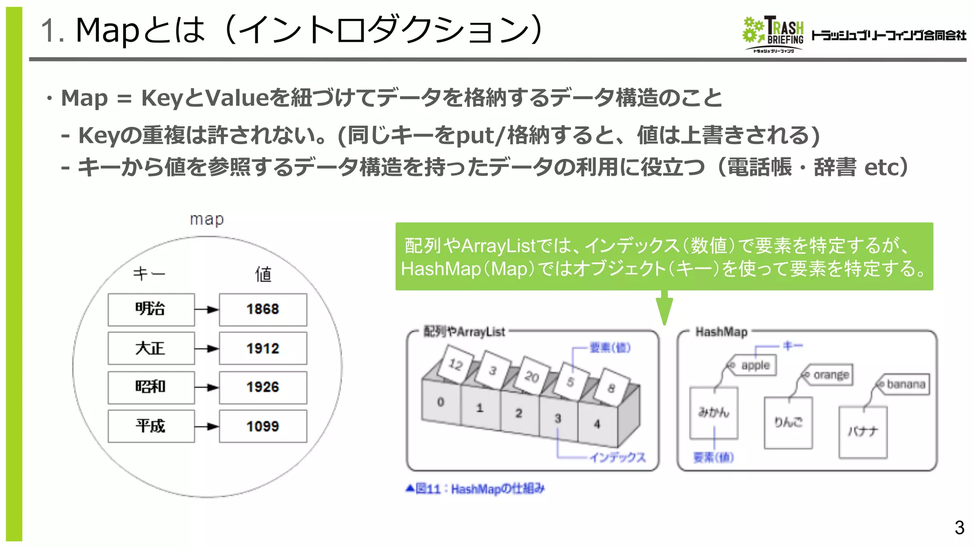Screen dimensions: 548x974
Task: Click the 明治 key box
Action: pos(151,309)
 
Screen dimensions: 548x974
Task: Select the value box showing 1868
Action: pos(263,309)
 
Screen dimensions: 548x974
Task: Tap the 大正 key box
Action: pos(151,348)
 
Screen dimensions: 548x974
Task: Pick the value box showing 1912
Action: pos(263,348)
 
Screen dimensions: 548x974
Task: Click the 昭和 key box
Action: pos(151,387)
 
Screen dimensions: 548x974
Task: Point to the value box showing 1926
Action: pos(263,387)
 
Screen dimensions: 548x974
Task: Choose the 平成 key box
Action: pos(151,426)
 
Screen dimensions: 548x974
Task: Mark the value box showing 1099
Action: pos(263,426)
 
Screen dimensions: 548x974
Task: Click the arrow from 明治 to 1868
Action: pos(207,310)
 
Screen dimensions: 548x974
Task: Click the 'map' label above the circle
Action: pos(206,219)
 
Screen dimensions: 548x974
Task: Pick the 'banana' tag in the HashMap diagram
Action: pos(903,384)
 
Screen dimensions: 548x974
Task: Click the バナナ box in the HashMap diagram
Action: pos(863,432)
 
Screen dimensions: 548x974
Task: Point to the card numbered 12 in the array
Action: pos(456,364)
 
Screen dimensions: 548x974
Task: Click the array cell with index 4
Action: pos(597,424)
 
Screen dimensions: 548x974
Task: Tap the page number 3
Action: pos(959,528)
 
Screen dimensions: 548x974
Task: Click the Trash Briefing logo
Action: pos(773,34)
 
